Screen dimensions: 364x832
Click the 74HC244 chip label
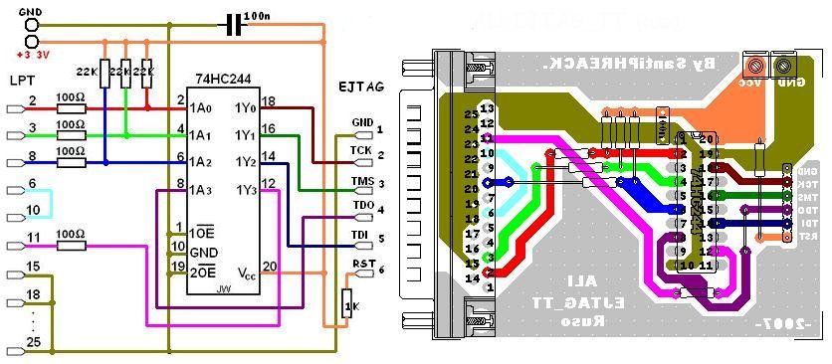tap(227, 79)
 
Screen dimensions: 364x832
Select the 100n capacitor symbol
tap(235, 23)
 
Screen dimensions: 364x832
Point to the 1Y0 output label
tap(246, 105)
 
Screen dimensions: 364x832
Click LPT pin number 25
tap(33, 343)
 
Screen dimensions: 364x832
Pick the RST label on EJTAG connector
tap(362, 266)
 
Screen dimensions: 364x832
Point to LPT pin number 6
tap(32, 184)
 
